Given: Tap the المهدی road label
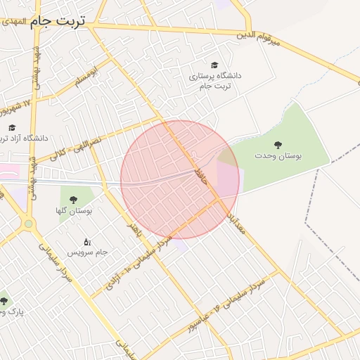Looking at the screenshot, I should coord(13,22).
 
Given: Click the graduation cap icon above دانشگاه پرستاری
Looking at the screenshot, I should coord(214,64).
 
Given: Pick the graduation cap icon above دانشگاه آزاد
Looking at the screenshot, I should coord(12,128).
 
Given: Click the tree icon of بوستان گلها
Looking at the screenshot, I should coord(73,198).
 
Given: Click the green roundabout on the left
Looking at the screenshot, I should coord(28,224).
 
